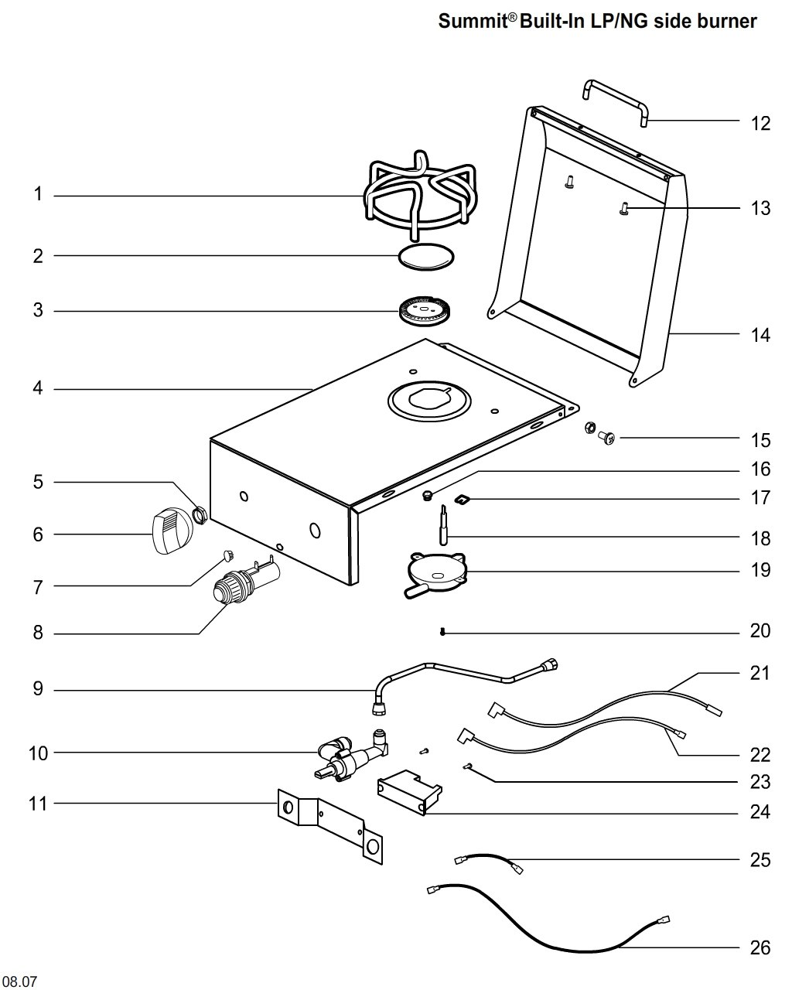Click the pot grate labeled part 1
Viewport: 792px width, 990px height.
[x=417, y=197]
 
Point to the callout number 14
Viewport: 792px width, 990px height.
[x=760, y=335]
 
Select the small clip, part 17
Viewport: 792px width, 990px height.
[x=464, y=500]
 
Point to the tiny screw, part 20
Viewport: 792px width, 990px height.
[x=442, y=633]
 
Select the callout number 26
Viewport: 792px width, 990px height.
[x=760, y=947]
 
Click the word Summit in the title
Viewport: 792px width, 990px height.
[x=472, y=21]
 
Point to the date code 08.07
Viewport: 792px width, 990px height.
[x=19, y=981]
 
